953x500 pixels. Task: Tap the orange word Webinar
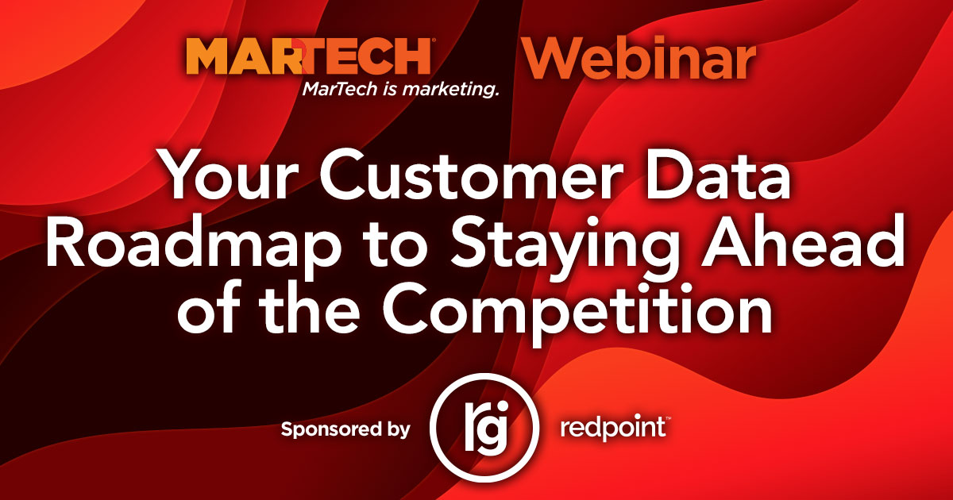(639, 58)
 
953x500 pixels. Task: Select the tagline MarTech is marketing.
(400, 90)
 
